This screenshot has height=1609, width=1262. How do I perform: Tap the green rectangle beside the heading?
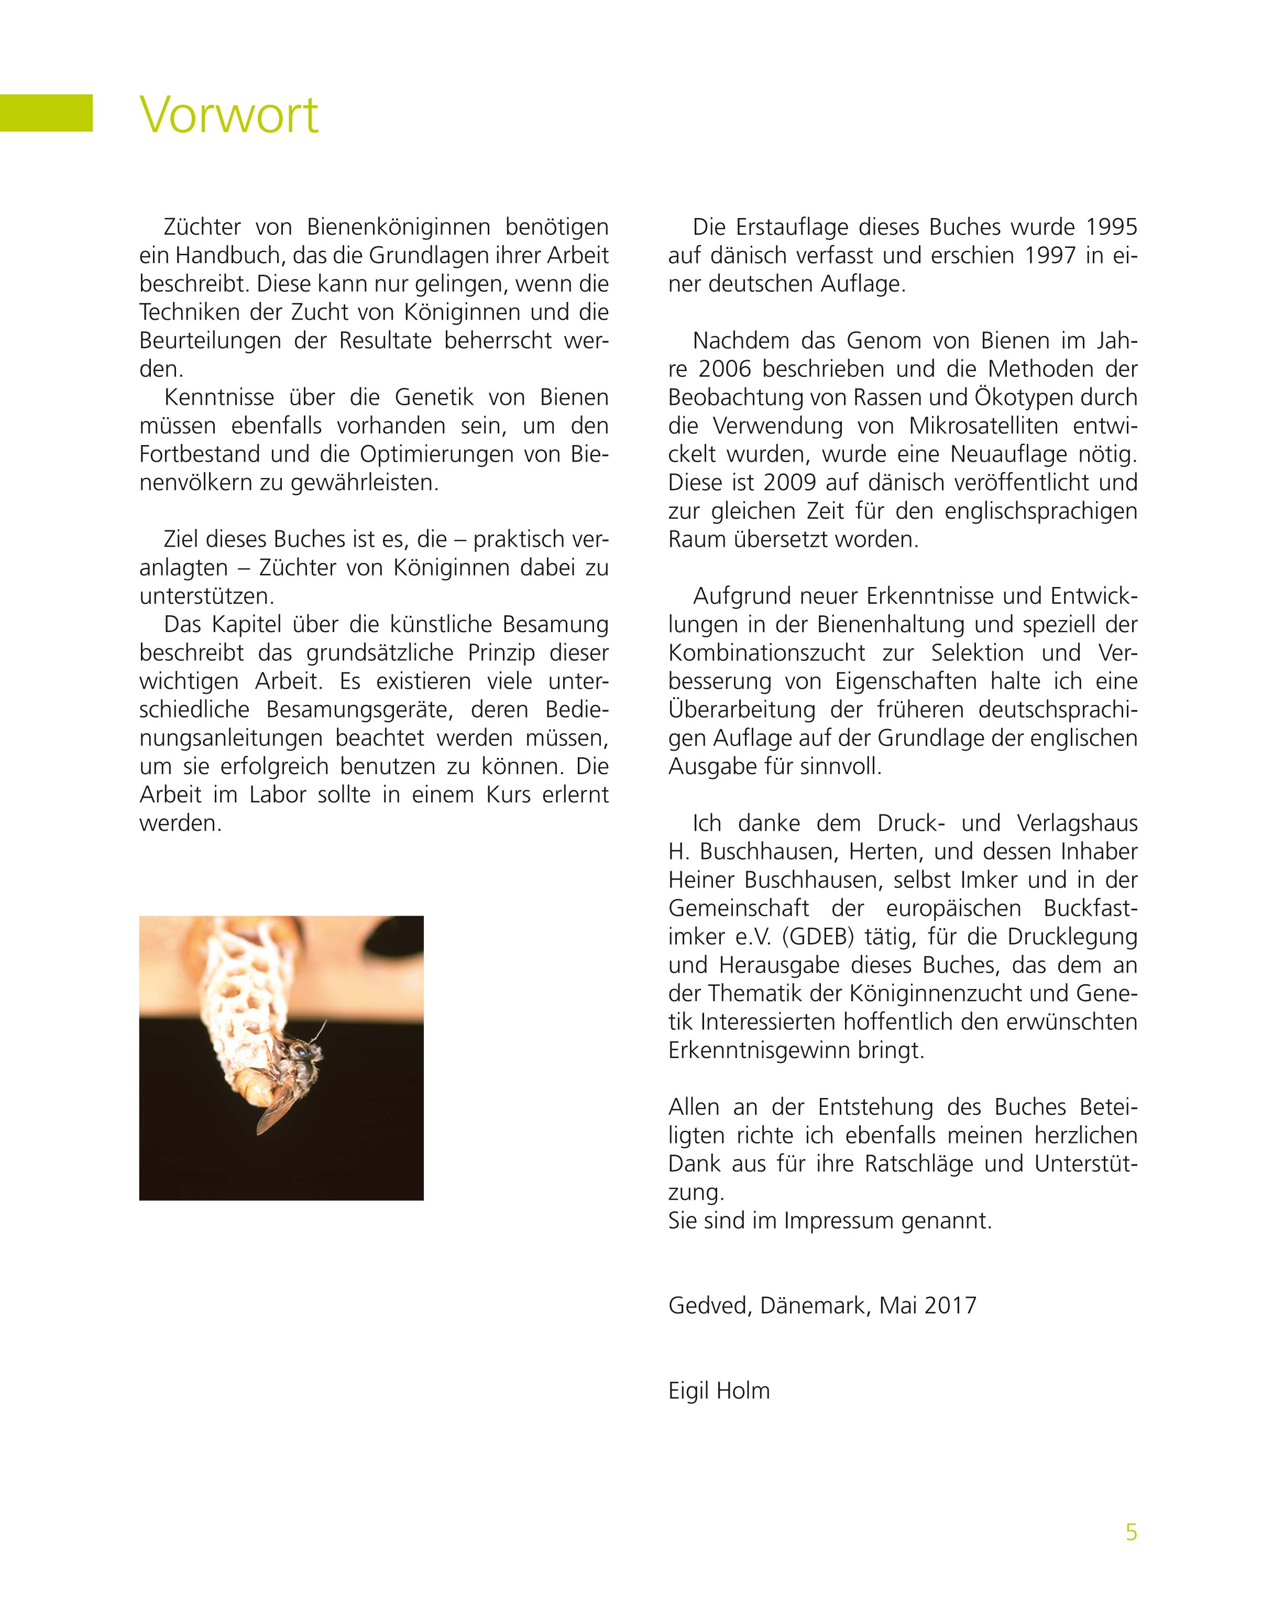46,113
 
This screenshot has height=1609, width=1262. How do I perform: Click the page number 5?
1131,1532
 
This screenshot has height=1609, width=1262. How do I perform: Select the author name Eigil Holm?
718,1390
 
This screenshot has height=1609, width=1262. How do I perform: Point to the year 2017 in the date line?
949,1305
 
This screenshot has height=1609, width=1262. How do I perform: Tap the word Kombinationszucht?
766,653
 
